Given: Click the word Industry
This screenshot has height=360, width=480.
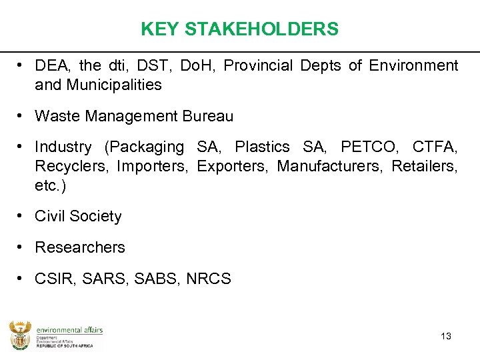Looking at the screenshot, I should click(x=63, y=147).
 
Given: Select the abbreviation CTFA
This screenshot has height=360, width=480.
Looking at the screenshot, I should click(x=434, y=147).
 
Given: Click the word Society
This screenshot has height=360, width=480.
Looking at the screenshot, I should click(x=95, y=216).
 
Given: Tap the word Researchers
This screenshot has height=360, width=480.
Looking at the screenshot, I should click(x=80, y=247).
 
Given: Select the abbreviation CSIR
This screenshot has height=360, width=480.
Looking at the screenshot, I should click(x=54, y=279).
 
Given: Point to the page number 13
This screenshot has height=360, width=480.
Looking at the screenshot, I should click(x=446, y=336).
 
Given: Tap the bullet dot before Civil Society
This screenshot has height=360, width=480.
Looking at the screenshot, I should click(x=22, y=215).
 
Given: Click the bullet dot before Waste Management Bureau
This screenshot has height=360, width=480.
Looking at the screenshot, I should click(x=22, y=115).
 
